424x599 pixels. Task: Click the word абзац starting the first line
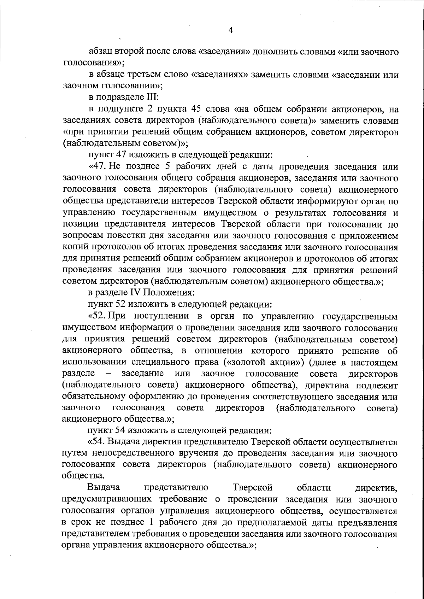click(100, 52)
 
